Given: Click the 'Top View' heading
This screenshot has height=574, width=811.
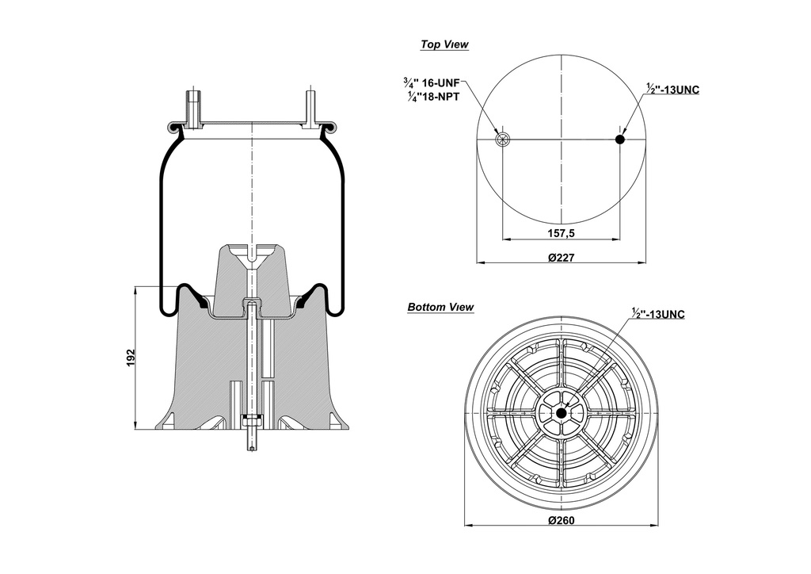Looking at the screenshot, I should (x=444, y=45).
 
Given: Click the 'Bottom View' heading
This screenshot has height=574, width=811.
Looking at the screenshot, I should (x=440, y=307).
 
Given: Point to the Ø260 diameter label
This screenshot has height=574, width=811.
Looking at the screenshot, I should (x=561, y=520).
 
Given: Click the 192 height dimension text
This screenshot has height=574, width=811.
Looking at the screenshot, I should (x=131, y=358).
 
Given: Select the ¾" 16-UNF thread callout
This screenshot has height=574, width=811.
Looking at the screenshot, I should (x=431, y=82).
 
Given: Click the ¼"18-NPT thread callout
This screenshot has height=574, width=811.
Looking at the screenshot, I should (x=432, y=96).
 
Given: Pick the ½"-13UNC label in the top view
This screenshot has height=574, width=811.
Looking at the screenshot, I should (x=672, y=90).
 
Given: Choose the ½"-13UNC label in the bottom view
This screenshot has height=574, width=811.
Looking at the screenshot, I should (x=658, y=314).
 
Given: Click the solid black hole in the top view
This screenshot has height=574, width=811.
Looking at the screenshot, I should (x=620, y=140).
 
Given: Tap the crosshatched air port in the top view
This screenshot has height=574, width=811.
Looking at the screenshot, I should (x=501, y=140).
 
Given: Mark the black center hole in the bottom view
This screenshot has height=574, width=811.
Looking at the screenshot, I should (x=561, y=413).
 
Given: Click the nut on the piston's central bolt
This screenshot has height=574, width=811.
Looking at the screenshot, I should (x=251, y=419).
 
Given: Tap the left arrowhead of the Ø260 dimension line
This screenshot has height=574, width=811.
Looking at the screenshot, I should (x=466, y=524).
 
